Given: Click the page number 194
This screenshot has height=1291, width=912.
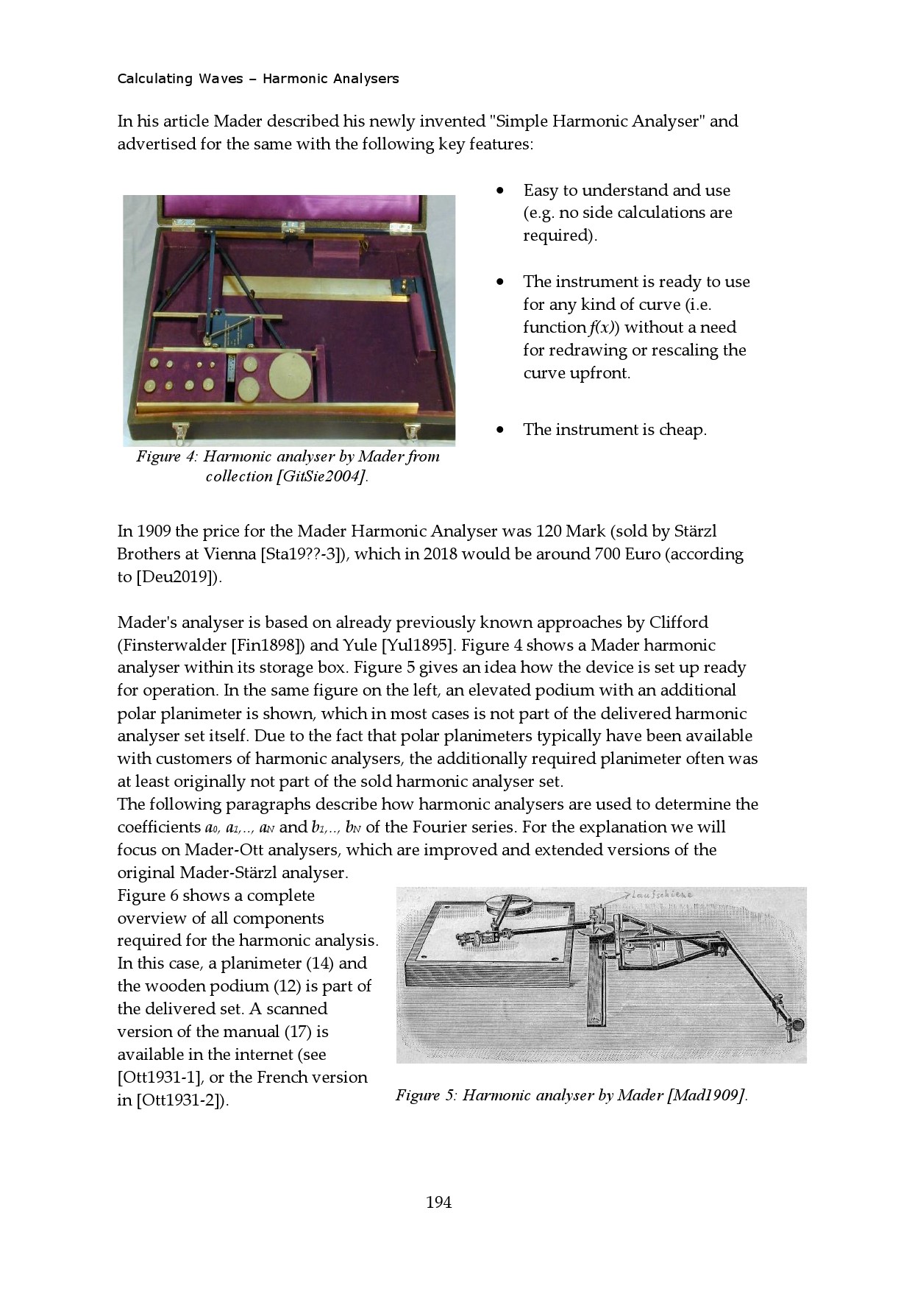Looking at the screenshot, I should [x=438, y=1202].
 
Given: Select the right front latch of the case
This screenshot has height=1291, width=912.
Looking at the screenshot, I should [x=412, y=431].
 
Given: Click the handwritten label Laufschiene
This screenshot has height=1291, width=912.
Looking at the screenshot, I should [x=661, y=894].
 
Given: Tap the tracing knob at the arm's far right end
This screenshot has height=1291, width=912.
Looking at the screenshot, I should [x=796, y=1024].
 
